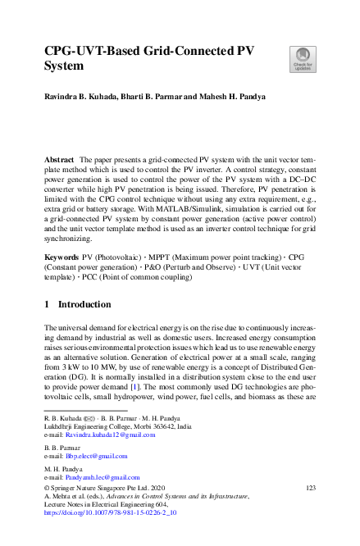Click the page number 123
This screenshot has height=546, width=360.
(x=310, y=488)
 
